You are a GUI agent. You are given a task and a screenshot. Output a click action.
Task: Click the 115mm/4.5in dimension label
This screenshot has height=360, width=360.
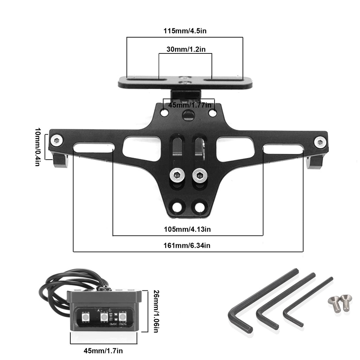click(x=185, y=31)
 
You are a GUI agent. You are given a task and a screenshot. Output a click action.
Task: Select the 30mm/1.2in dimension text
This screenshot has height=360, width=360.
click(x=186, y=49)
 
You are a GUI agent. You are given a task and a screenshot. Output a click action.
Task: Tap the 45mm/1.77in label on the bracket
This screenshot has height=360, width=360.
click(x=189, y=105)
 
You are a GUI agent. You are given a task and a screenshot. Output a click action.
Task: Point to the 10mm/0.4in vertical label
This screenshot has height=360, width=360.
click(x=38, y=147)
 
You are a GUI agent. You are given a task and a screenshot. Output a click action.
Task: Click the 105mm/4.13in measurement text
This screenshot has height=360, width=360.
click(x=187, y=229)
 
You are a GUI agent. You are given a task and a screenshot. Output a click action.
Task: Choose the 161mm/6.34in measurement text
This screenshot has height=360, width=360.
click(x=187, y=245)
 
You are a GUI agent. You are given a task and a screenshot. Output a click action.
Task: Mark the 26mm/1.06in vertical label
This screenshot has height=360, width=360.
click(x=156, y=311)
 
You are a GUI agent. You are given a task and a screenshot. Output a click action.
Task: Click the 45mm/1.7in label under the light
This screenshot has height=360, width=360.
click(x=103, y=351)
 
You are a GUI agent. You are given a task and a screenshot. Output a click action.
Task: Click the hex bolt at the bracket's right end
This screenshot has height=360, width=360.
click(x=320, y=142)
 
